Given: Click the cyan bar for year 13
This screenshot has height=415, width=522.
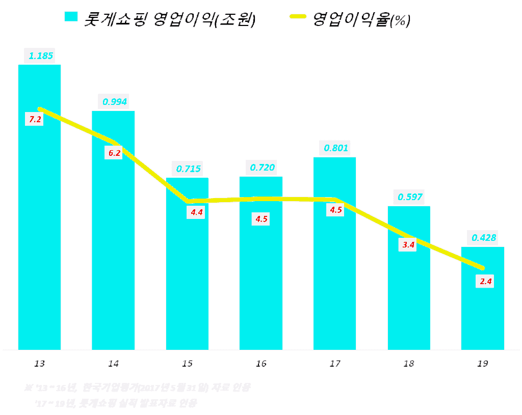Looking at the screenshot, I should (x=39, y=229).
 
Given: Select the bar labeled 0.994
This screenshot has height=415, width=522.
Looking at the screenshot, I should (x=113, y=244).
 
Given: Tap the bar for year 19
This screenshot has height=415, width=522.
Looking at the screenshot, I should (x=482, y=306).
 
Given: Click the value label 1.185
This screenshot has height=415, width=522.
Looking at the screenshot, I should (x=41, y=56).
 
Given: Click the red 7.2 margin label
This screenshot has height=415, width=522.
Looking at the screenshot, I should (x=36, y=119).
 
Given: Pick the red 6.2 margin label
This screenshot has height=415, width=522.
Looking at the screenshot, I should (x=114, y=152).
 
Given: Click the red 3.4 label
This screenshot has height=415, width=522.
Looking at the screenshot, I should (x=408, y=245).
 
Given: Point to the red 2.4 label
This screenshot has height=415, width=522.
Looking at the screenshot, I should (x=485, y=281).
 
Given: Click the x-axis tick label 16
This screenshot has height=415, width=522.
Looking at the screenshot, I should (x=261, y=364).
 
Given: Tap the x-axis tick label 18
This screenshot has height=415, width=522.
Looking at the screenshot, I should (x=409, y=364).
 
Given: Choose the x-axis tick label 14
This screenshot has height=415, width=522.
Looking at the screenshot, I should (x=113, y=364).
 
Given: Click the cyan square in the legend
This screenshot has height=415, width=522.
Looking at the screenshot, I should (x=71, y=16).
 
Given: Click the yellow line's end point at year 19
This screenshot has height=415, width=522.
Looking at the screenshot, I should (x=482, y=268).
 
